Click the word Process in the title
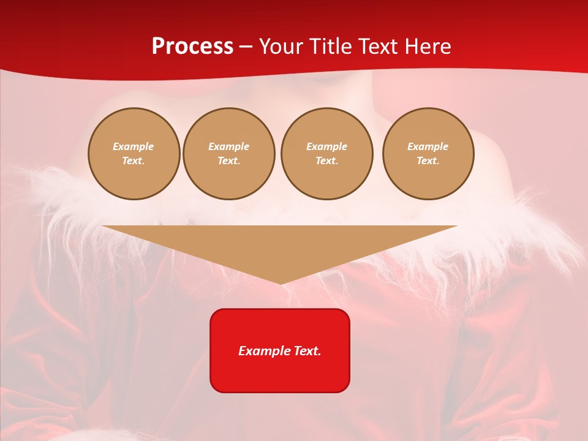pos(192,47)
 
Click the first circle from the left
pos(134,154)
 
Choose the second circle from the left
pos(229,154)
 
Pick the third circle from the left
pos(327,154)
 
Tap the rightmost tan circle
pos(428,154)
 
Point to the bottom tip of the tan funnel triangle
pos(281,283)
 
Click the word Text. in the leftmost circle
pos(134,161)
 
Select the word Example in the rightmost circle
pos(428,146)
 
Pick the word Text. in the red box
pos(307,351)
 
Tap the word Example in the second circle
pos(229,146)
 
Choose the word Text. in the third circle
pos(327,161)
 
